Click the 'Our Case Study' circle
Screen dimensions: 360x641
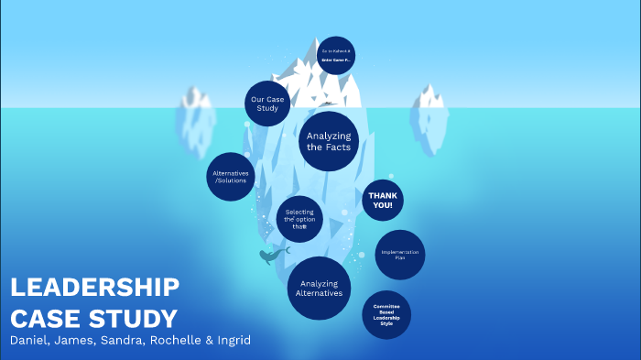pos(268,104)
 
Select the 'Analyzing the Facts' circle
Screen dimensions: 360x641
pos(329,141)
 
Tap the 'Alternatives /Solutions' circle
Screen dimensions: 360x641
pos(230,177)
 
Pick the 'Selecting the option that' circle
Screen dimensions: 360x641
pos(299,218)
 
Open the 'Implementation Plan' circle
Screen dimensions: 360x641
pos(399,254)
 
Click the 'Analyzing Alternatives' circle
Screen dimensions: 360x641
pos(320,288)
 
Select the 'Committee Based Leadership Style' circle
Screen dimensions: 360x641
pos(386,315)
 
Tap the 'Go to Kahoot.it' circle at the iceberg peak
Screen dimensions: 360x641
pos(336,54)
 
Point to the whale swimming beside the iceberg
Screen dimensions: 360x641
pos(273,255)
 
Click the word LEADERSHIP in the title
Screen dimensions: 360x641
pos(94,288)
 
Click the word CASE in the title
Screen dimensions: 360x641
pos(48,318)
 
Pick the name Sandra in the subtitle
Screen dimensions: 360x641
pos(125,342)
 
